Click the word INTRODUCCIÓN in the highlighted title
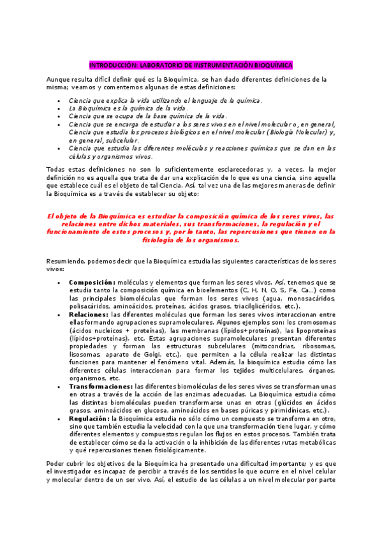pos(110,65)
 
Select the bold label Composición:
pos(92,282)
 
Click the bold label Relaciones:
pos(89,314)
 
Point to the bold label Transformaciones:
pos(101,387)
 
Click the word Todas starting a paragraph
pos(56,168)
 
